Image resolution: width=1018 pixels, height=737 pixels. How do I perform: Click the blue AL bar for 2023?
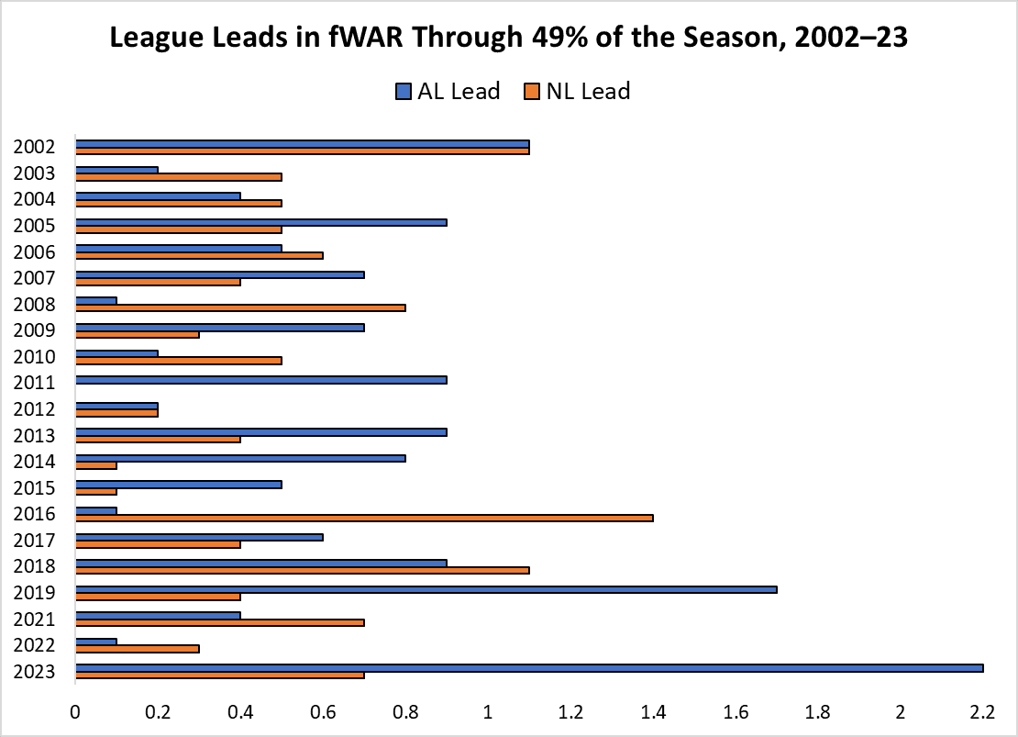point(529,667)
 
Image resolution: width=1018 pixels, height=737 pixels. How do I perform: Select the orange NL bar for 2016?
point(364,518)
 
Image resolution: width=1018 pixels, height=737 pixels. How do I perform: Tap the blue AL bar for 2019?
point(426,588)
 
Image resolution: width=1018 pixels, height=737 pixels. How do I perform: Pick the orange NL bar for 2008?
point(240,308)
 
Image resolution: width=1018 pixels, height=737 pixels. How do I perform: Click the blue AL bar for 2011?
point(261,379)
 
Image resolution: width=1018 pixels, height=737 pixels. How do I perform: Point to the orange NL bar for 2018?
point(303,570)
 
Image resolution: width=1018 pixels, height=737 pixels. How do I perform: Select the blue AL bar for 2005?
point(261,222)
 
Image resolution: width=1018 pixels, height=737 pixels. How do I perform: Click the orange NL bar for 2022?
point(138,648)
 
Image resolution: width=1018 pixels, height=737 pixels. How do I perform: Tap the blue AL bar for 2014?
point(240,458)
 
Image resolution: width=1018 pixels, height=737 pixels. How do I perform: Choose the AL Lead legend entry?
point(447,91)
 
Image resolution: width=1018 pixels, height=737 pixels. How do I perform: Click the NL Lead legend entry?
point(578,91)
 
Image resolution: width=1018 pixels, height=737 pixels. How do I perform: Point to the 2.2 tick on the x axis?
point(982,711)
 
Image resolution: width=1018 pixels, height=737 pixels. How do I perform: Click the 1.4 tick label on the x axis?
point(653,711)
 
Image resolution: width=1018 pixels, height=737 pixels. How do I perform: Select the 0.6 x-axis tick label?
point(323,711)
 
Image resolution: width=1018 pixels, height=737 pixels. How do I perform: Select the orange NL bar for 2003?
point(179,177)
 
